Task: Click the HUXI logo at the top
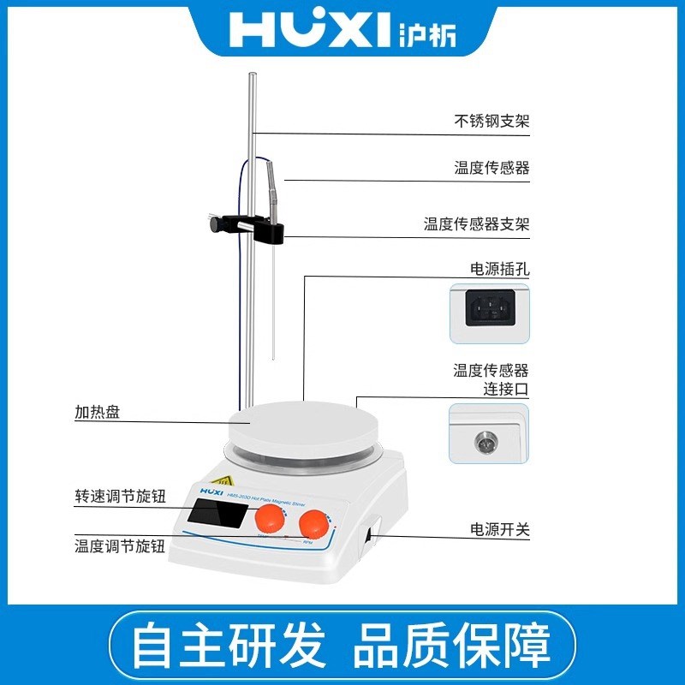pos(342,31)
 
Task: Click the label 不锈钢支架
pos(491,122)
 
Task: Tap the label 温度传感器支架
pos(477,225)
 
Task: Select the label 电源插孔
pos(500,269)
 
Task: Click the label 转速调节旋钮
pos(119,497)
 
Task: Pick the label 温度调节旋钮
pos(119,545)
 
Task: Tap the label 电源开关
pos(500,530)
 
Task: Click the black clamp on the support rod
pos(248,227)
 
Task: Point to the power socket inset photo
pos(490,313)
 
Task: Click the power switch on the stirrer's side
pos(369,536)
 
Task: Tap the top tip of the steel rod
pos(251,77)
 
